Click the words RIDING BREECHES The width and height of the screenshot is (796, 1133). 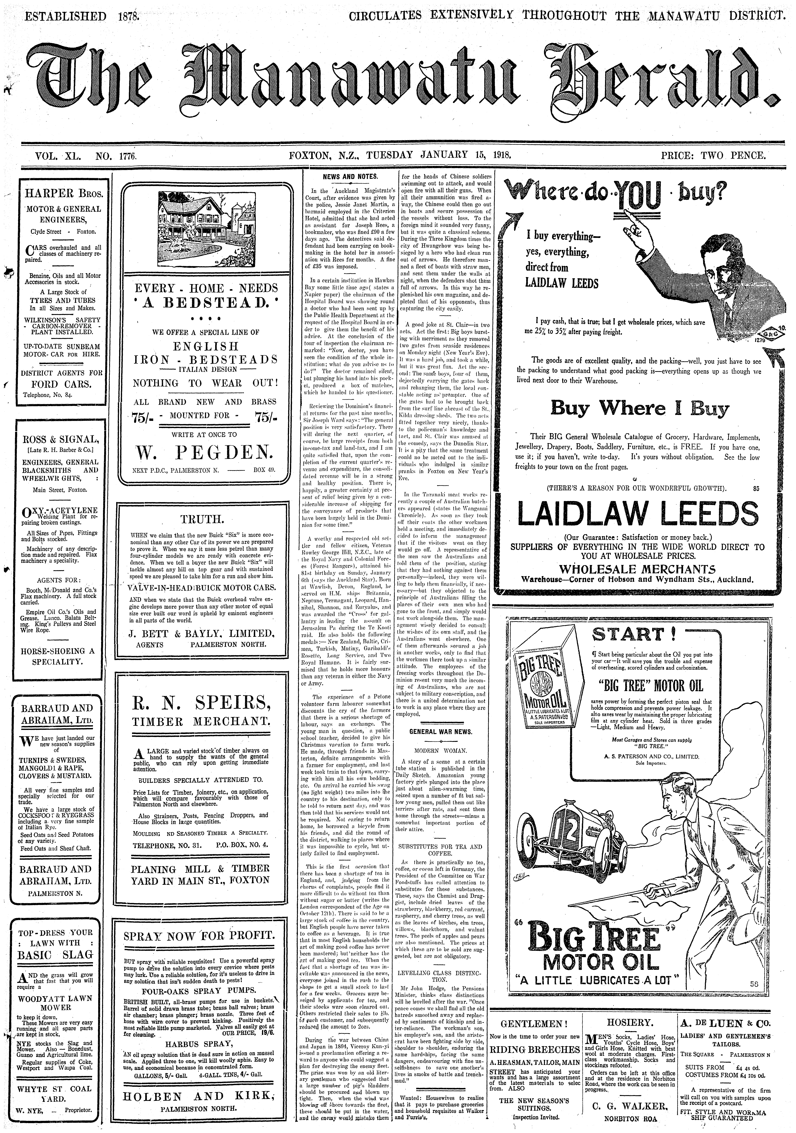pos(534,1047)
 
